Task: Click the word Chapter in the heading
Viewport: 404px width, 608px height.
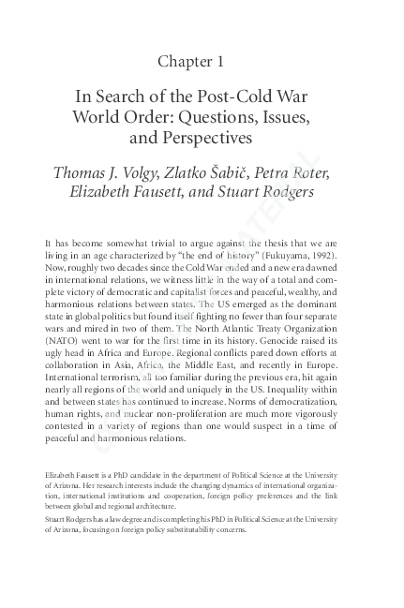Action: click(186, 61)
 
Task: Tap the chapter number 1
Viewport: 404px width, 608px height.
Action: click(220, 61)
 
